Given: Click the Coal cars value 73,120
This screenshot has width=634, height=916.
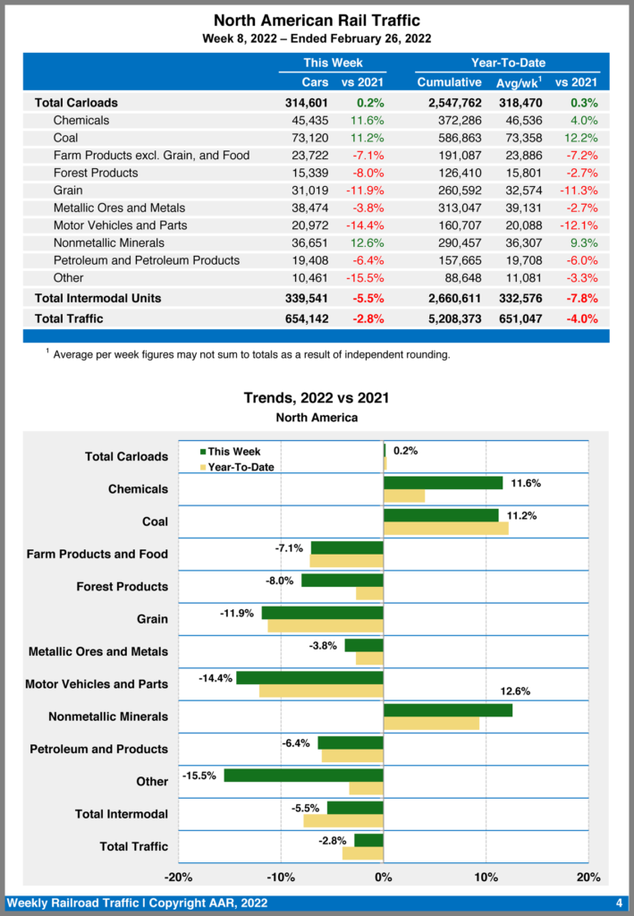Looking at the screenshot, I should [309, 138].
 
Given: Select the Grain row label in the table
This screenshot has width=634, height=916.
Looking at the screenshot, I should [69, 191].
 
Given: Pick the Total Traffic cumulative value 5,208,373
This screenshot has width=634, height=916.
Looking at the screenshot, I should [449, 318].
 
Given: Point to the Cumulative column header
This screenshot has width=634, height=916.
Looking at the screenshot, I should [449, 82].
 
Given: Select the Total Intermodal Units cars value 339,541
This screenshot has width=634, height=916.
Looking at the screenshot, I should [307, 298].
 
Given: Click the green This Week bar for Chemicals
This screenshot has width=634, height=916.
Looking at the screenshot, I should [443, 483].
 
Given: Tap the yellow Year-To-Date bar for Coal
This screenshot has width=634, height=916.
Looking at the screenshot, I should [445, 528].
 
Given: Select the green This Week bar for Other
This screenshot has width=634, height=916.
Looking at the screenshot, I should [303, 775].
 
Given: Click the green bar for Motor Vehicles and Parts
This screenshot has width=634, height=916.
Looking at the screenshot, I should [309, 678].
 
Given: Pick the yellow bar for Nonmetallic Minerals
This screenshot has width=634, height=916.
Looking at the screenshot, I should [431, 723].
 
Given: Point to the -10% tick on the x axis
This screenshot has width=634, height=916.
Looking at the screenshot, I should [281, 877].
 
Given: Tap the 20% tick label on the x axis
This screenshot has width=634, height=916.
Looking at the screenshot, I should [588, 877].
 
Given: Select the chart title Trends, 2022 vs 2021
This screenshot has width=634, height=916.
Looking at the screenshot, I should [317, 398].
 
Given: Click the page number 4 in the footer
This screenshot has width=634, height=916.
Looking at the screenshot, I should [619, 903].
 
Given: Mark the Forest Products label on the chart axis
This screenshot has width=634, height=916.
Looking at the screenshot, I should [123, 587].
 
